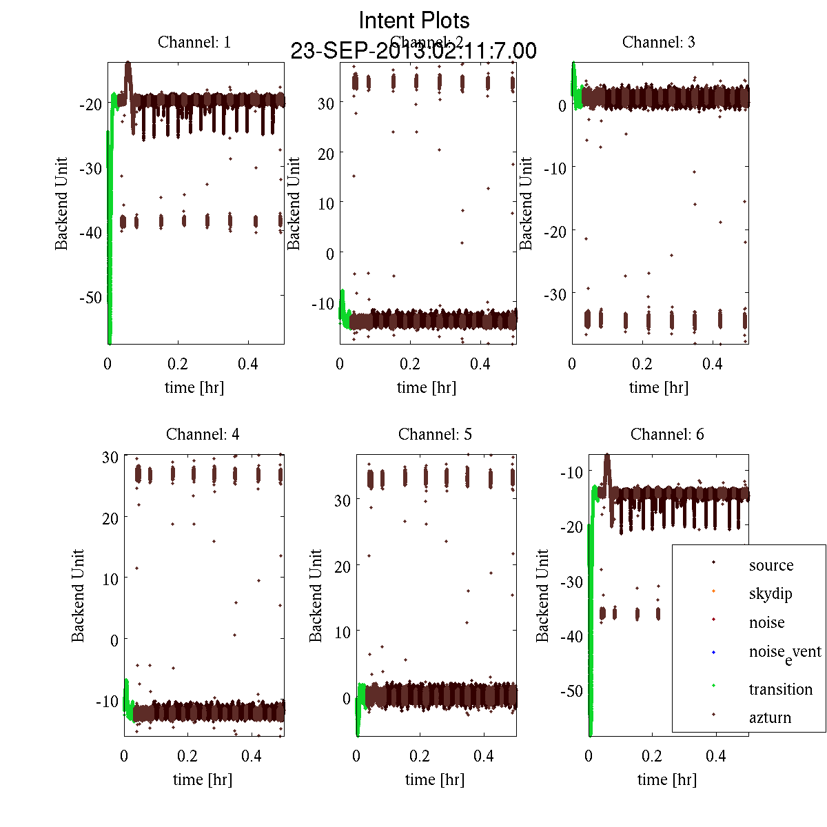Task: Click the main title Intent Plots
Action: pos(414,20)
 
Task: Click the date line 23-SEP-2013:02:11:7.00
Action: pos(413,51)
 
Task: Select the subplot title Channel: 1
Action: pos(194,42)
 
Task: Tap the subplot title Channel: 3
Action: pos(658,42)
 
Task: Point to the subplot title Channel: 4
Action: pos(203,434)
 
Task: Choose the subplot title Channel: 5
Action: pos(435,434)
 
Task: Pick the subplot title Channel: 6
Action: pos(667,434)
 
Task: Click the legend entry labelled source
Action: pos(771,565)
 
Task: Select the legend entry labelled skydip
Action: pos(770,593)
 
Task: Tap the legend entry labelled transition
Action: pos(780,689)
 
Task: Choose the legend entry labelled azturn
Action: pos(770,717)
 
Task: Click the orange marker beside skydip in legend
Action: pos(713,591)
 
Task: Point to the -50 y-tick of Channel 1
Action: pos(90,297)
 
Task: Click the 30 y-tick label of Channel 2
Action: pos(326,103)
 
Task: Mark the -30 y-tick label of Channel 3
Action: pos(556,294)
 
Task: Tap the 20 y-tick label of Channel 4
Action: pos(110,518)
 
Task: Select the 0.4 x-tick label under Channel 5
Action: pos(484,756)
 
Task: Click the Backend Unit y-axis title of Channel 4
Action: pos(78,596)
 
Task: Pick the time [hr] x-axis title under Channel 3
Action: pos(658,387)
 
